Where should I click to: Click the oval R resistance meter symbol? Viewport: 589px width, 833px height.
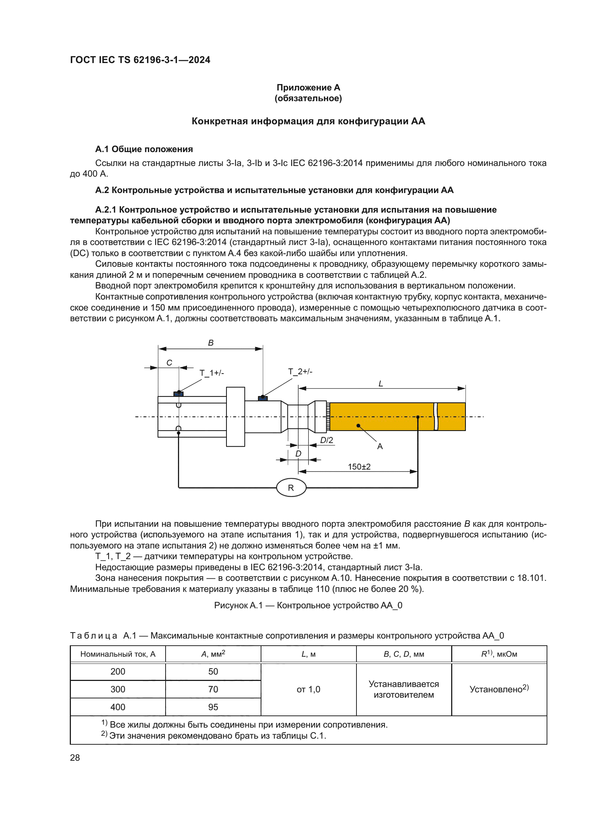click(291, 488)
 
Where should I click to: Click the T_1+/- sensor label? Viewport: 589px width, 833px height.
click(212, 373)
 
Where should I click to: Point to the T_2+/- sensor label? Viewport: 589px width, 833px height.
click(300, 371)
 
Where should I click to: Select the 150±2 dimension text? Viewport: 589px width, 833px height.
click(359, 467)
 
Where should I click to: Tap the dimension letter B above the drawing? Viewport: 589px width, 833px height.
click(211, 343)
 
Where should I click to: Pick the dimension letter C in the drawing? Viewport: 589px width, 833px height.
click(169, 363)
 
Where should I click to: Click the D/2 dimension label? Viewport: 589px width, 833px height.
click(327, 440)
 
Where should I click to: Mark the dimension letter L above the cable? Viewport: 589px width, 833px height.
click(380, 384)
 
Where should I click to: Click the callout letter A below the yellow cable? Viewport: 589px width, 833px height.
click(380, 446)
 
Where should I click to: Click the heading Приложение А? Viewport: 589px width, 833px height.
click(308, 88)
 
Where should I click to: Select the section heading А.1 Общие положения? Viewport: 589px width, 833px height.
click(144, 149)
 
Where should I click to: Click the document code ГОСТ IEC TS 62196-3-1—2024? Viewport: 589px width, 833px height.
click(140, 60)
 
